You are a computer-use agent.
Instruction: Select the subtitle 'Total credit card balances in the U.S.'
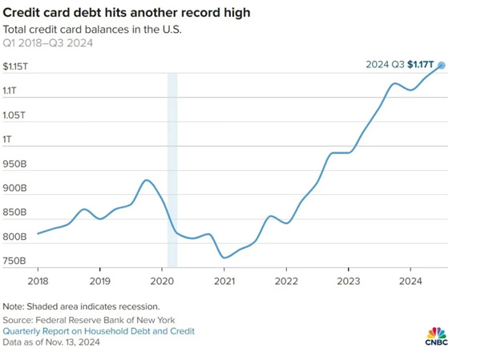(x=92, y=30)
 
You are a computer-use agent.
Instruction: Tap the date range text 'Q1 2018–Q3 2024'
(x=47, y=43)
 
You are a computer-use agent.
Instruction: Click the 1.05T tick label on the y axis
(x=14, y=115)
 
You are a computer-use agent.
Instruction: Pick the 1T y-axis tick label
(x=8, y=140)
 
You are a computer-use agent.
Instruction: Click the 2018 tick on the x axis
(x=37, y=281)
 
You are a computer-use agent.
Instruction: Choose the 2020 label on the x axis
(x=162, y=281)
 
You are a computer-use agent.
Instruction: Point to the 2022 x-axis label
(x=286, y=281)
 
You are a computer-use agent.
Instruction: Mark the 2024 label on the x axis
(x=410, y=281)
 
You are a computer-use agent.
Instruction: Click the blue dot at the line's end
(x=442, y=66)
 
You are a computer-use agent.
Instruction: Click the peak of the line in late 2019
(x=146, y=180)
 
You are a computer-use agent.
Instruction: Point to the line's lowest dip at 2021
(x=225, y=257)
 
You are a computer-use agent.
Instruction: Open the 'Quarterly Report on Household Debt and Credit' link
(x=99, y=330)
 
